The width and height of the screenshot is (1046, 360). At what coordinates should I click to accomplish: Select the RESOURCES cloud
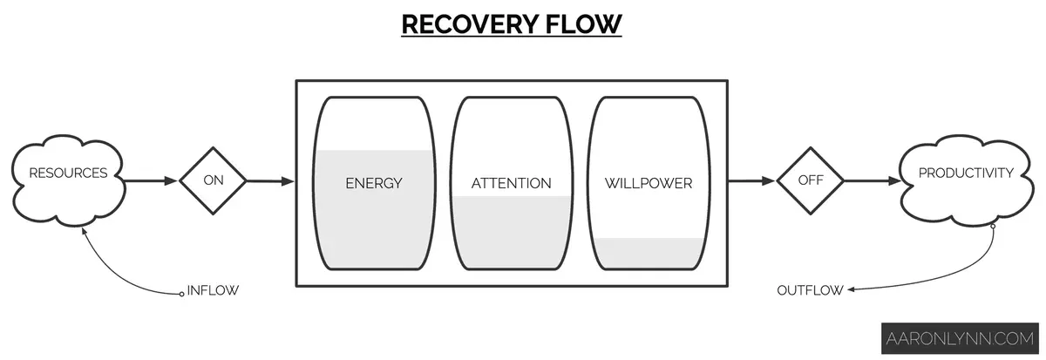[x=68, y=173]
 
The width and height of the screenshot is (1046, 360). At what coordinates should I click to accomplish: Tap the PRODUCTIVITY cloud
[x=966, y=173]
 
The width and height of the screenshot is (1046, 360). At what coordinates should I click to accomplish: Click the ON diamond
[x=213, y=181]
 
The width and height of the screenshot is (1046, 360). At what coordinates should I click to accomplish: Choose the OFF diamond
[x=810, y=181]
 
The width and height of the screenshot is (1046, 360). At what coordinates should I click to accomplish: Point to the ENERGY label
[x=373, y=183]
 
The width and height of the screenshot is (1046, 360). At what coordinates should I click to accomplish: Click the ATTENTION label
[x=511, y=183]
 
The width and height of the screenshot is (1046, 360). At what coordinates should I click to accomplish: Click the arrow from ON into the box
[x=270, y=181]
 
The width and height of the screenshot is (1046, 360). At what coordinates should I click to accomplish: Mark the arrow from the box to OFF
[x=751, y=181]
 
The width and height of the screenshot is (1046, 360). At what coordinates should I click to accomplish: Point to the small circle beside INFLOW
[x=182, y=292]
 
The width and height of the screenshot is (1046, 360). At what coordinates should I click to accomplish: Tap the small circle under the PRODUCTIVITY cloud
[x=992, y=227]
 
